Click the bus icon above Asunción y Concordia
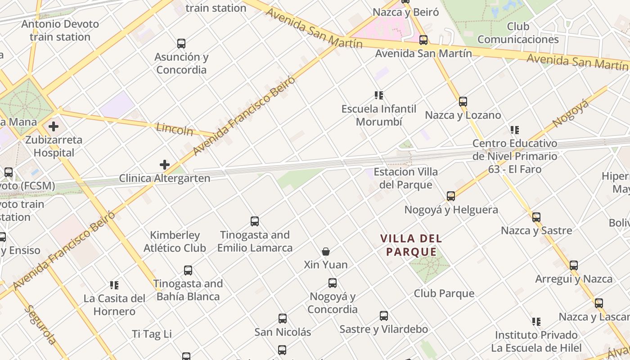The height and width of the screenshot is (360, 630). (181, 44)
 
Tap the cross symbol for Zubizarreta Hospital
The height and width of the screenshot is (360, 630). (54, 126)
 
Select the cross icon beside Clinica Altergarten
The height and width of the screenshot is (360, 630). (165, 165)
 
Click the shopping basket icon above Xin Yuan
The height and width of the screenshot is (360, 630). (326, 252)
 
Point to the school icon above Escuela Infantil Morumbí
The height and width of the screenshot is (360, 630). (379, 95)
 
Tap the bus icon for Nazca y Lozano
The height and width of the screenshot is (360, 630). (463, 102)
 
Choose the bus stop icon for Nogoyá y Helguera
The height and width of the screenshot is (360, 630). (451, 196)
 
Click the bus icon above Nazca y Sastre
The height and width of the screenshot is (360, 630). (536, 217)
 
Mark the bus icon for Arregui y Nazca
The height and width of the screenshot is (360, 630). (574, 265)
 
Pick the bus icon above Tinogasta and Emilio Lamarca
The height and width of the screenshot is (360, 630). (255, 221)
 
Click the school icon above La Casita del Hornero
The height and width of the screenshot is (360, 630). (114, 285)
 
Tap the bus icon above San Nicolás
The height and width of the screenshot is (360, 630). (283, 319)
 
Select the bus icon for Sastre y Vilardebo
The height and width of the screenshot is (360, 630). (384, 316)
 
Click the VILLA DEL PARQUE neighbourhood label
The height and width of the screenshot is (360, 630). (411, 245)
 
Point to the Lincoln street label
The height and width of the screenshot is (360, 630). (175, 130)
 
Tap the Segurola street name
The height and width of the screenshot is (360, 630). (41, 324)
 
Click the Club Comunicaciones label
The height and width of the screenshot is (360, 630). (518, 33)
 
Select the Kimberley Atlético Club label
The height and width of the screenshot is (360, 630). (175, 242)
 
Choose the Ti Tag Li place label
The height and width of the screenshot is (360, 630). (152, 334)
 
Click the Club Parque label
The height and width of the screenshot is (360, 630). (444, 293)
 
